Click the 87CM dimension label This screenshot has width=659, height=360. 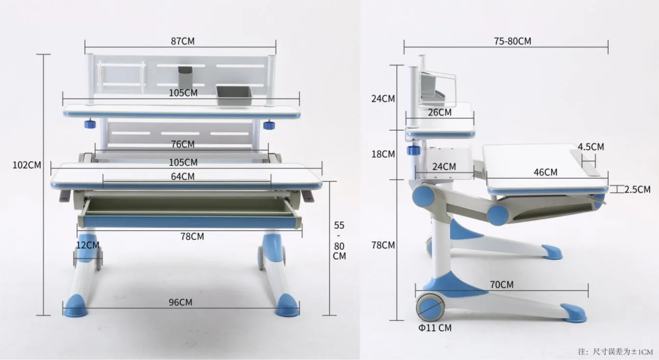(183, 41)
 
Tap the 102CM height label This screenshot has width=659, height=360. (27, 165)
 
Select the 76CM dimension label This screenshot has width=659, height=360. (183, 144)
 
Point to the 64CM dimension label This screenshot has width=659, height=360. (183, 176)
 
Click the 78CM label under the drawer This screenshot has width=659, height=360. (192, 236)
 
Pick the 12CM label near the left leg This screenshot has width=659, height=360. (88, 245)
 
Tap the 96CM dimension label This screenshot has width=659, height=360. (180, 302)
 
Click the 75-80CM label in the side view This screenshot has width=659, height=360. (513, 41)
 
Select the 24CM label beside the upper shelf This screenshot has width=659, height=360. (383, 98)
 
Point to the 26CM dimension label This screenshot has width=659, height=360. (440, 112)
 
